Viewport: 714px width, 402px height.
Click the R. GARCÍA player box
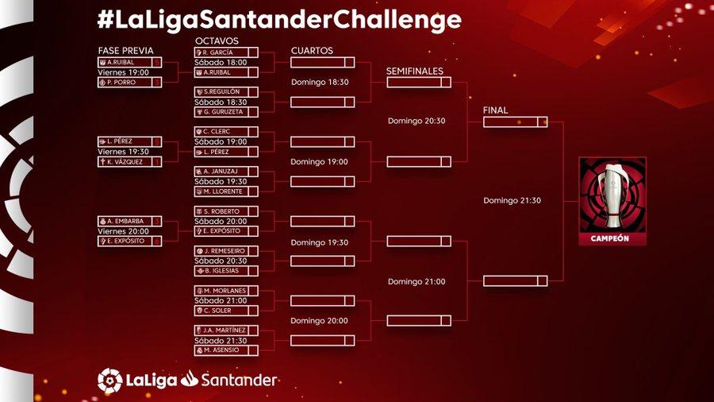tap(226, 52)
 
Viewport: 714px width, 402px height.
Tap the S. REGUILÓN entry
tap(226, 92)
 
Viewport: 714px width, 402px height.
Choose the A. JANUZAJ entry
tap(226, 171)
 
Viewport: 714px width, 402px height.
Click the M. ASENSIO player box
tap(226, 350)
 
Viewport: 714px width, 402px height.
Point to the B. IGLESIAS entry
tap(226, 270)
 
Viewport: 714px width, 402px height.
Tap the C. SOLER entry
tap(226, 310)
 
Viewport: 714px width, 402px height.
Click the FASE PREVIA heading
tap(125, 51)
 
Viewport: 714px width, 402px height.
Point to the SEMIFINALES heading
tap(414, 71)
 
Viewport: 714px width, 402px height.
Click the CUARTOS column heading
tap(312, 51)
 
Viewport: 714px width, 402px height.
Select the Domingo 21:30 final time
tap(512, 200)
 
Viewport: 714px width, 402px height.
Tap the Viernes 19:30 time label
tap(126, 151)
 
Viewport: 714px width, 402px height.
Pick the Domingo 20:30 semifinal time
tap(416, 121)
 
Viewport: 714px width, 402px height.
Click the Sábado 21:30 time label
tap(221, 340)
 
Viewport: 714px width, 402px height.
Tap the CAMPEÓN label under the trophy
tap(612, 238)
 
